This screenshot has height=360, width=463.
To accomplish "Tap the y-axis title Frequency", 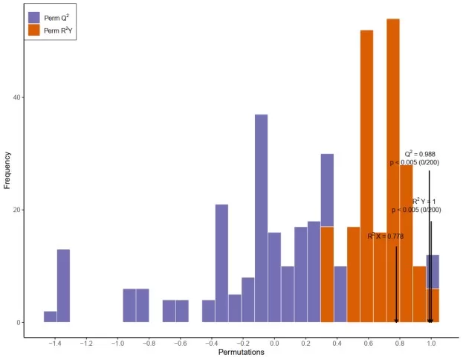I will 8,170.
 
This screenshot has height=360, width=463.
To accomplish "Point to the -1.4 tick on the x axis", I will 55,344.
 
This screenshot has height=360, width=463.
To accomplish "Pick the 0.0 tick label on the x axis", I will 274,344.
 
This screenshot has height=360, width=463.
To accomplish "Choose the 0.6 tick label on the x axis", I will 369,344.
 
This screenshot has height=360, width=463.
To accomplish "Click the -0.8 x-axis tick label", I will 149,344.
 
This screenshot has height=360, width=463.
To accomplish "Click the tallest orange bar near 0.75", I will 393,170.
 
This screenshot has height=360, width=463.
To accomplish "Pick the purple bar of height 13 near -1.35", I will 63,286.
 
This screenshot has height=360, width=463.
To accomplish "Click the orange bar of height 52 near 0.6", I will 366,176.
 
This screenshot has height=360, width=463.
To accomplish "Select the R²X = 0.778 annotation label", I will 386,236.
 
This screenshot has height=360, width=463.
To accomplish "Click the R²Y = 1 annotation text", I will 424,201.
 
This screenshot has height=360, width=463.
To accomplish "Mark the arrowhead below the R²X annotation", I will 397,320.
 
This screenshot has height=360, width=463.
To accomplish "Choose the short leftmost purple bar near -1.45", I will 50,317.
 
